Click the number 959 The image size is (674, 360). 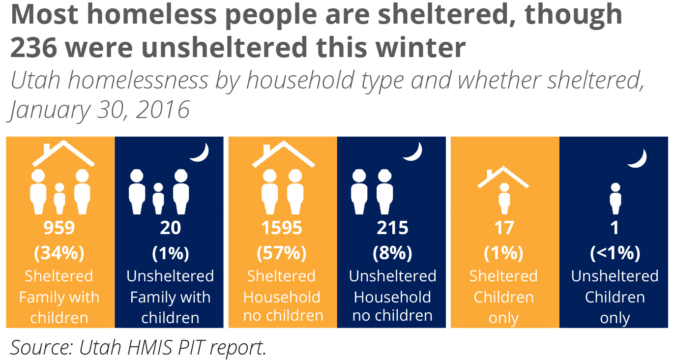coord(59,228)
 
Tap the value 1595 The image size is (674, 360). coord(282,228)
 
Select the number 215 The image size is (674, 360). coord(392,228)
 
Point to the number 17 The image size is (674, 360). coord(504,228)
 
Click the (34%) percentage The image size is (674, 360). coord(59,253)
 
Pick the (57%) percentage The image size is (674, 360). coord(282,253)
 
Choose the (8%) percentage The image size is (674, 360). coord(392,253)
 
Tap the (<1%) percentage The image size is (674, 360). coord(615,253)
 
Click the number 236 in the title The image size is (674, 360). coord(34,48)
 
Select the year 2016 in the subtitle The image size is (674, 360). coord(163,110)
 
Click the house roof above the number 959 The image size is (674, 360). coord(63,153)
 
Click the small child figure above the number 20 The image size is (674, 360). coord(158,199)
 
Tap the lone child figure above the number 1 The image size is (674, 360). coord(615,199)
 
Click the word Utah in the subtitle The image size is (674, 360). coord(35,81)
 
